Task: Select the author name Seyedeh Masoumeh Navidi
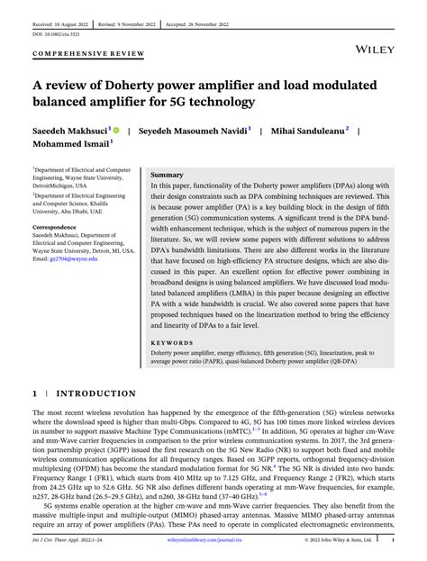pyautogui.click(x=194, y=131)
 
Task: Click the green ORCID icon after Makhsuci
pyautogui.click(x=116, y=131)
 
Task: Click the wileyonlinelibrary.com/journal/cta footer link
pyautogui.click(x=213, y=542)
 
